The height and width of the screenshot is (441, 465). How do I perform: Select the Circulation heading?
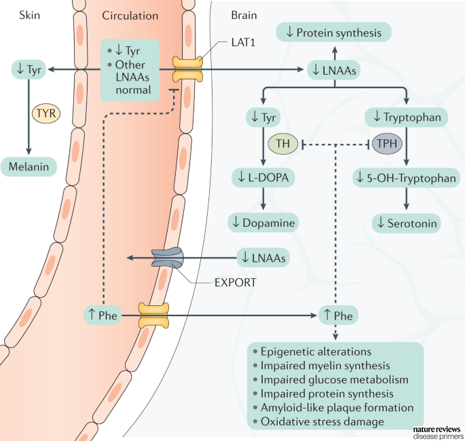pyautogui.click(x=130, y=15)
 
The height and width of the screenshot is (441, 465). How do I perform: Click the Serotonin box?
pyautogui.click(x=406, y=223)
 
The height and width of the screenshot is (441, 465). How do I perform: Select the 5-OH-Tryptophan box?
pyautogui.click(x=406, y=178)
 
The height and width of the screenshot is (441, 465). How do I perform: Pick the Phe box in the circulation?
pyautogui.click(x=102, y=315)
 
